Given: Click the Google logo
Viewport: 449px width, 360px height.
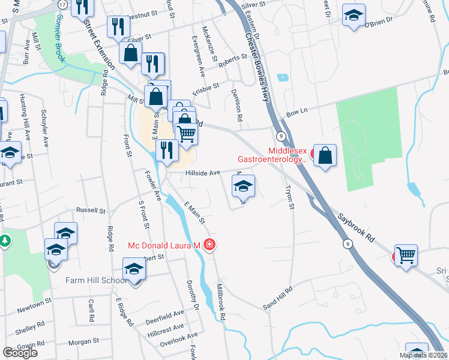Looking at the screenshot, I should [x=20, y=353].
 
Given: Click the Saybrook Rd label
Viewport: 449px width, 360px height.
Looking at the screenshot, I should [x=356, y=226].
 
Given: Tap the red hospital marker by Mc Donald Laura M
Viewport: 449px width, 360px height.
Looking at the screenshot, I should [x=209, y=245].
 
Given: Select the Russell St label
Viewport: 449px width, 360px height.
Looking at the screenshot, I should [x=91, y=211].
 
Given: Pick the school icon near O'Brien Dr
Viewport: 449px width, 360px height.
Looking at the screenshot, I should [x=354, y=15].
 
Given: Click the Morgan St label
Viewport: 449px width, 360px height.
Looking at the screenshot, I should [x=83, y=341].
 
